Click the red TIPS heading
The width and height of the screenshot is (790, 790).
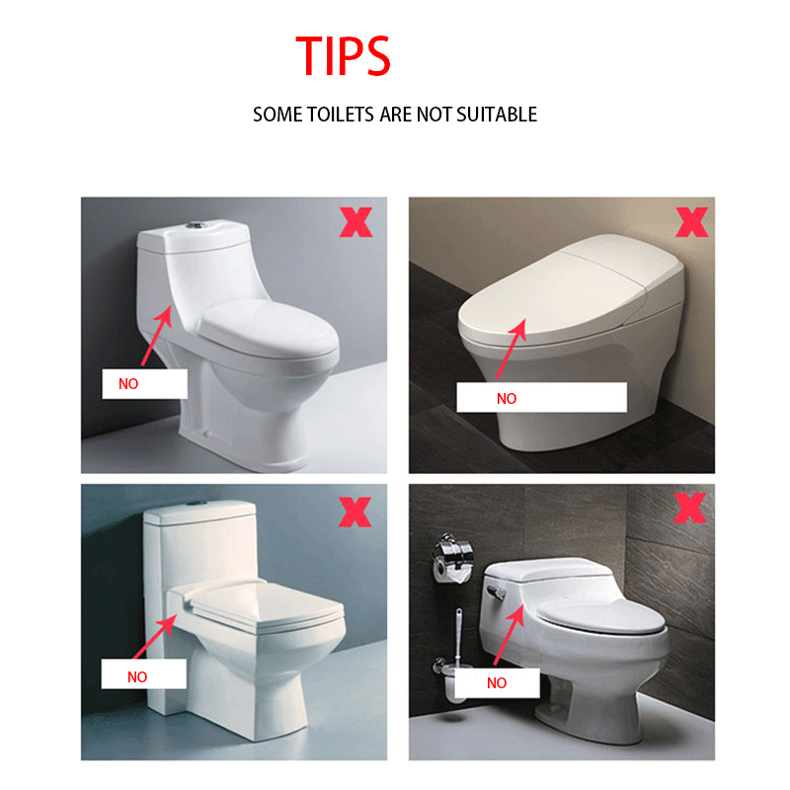pos(343,55)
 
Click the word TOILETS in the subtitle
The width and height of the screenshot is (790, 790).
pos(341,115)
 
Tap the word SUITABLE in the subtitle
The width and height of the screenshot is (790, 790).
pos(497,115)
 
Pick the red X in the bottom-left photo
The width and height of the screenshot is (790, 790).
pos(355,512)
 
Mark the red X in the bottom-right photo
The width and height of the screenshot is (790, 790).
pos(689,508)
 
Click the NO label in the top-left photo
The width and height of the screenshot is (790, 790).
pos(128,384)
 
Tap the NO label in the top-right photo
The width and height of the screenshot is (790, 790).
pos(507,399)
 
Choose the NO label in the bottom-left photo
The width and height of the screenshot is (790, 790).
pos(137,676)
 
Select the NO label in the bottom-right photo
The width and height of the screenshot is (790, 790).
pos(497,682)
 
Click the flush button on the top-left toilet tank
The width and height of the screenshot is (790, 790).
pos(194,224)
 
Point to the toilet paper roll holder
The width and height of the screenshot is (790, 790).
pos(452,558)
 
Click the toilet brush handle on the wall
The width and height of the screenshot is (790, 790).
pos(458,636)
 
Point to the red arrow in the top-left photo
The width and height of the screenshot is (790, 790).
pos(157,336)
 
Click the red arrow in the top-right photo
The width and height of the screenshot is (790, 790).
pos(511,349)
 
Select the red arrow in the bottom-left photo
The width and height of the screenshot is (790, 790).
pos(155,636)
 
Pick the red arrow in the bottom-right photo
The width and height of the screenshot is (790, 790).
pos(510,635)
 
